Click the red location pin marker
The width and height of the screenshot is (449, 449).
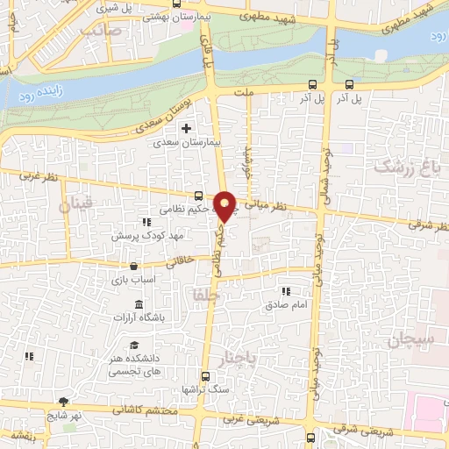pyautogui.click(x=225, y=205)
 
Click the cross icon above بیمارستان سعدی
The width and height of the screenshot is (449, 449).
pyautogui.click(x=185, y=128)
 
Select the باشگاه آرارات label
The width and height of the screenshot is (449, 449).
pyautogui.click(x=146, y=318)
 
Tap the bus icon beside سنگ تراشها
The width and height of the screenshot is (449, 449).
pyautogui.click(x=204, y=374)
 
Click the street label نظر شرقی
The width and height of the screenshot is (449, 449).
pyautogui.click(x=427, y=225)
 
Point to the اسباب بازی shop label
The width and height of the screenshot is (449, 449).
pyautogui.click(x=134, y=281)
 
